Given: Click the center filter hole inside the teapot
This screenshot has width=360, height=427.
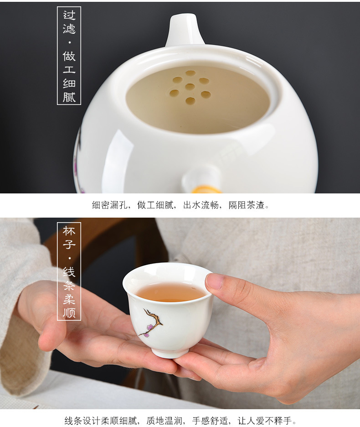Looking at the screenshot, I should tap(190, 87).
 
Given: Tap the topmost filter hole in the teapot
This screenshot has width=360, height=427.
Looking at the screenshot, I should tap(190, 73).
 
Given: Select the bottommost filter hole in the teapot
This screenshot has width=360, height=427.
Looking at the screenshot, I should tap(190, 100).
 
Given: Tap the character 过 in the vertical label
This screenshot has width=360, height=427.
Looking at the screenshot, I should tap(69, 16).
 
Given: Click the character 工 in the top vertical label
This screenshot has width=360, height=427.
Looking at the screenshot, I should tap(69, 69).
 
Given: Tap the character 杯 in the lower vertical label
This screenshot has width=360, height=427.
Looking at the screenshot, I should tap(69, 231).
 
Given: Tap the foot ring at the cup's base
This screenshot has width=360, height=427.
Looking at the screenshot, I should tap(170, 353).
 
